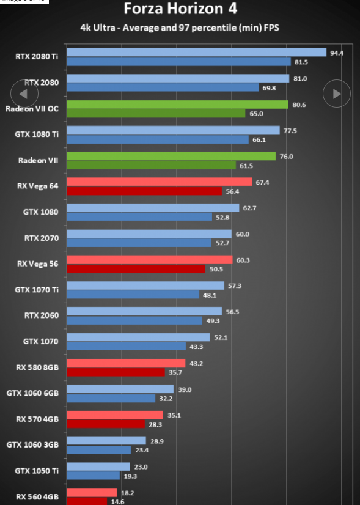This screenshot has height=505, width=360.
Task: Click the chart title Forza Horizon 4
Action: coord(180,9)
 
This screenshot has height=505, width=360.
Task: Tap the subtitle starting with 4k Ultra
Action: coord(180,28)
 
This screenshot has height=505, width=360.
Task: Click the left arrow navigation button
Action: coord(24,94)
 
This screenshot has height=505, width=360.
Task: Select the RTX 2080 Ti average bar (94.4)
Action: coord(196,53)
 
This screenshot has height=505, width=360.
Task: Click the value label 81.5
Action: coord(301,62)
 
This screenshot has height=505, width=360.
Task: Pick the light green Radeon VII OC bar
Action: coord(177,105)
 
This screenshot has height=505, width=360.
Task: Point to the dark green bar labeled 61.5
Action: coord(152,165)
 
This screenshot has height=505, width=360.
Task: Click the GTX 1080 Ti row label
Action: coord(37,135)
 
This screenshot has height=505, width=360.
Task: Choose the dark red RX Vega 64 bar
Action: coord(144,191)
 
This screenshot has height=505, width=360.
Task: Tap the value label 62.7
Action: coord(249,208)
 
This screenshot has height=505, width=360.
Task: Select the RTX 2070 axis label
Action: coord(42,238)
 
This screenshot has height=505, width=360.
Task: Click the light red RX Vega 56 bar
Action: coord(150,260)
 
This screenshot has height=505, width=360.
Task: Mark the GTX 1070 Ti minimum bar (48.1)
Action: coord(133,294)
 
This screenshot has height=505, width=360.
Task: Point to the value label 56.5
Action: coord(232,312)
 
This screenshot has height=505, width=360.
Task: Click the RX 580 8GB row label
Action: coord(37,367)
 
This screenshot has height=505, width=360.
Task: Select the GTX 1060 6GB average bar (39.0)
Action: coord(120,389)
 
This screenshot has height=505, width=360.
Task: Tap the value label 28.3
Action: coord(155,425)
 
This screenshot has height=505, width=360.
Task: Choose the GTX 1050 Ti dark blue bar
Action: coord(94,476)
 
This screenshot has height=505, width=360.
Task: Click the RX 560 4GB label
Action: coord(37,497)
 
